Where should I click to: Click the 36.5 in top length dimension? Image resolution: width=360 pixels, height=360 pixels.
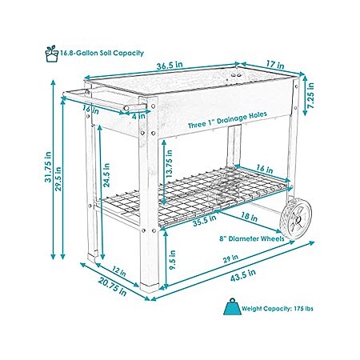tap(170, 66)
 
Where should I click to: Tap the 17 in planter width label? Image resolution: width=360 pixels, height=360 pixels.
tap(275, 65)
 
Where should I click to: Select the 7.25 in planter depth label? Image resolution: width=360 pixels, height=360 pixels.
tap(311, 95)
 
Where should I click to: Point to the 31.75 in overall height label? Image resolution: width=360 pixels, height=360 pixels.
tap(48, 167)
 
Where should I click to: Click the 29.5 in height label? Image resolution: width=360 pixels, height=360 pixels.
tap(58, 178)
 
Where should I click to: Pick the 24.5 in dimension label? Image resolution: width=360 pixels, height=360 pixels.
tap(106, 175)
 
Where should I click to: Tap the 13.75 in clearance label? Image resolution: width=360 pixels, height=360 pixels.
tap(169, 163)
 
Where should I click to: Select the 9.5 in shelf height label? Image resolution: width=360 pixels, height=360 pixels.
tap(173, 259)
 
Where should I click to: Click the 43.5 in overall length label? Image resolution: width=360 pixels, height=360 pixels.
tap(243, 275)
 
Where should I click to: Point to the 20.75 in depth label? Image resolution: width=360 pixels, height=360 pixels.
tap(112, 286)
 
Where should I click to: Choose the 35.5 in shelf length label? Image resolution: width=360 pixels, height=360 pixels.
tap(205, 221)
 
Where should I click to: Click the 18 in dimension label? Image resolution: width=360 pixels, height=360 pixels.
tap(250, 216)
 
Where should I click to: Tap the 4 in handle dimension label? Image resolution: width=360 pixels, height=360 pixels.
tap(139, 116)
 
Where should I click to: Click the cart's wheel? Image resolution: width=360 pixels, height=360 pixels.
tap(296, 218)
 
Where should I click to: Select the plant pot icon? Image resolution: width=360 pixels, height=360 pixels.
tap(52, 54)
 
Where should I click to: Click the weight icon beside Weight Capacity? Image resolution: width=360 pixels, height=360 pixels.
tap(232, 306)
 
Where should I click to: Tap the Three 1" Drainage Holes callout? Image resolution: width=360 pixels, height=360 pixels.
tap(227, 120)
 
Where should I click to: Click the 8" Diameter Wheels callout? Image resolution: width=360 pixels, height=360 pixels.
tap(252, 238)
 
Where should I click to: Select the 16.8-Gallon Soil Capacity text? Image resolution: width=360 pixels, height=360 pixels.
tap(102, 53)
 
